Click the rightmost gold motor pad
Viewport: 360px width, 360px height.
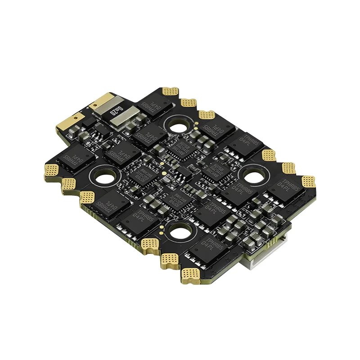(308, 181)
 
